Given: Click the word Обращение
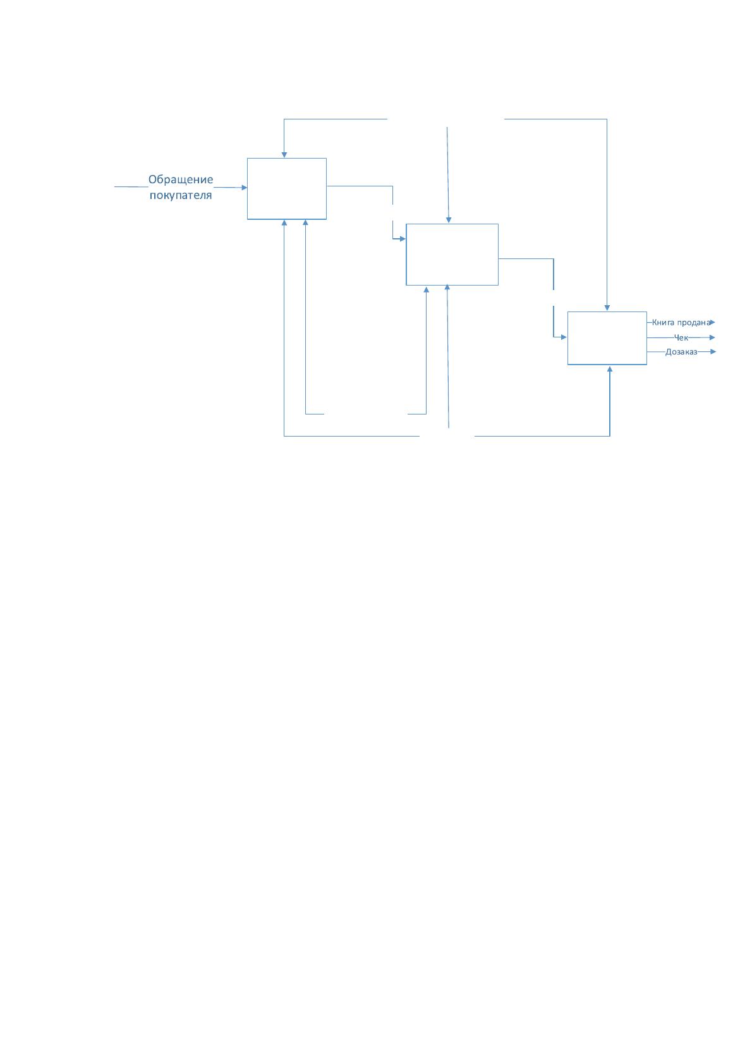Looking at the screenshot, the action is point(181,179).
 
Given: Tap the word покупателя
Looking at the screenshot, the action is point(181,195).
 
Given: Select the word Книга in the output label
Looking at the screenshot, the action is point(663,322).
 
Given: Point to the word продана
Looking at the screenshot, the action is point(694,322).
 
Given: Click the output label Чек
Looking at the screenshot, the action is point(681,338).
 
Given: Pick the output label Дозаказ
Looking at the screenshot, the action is point(681,352).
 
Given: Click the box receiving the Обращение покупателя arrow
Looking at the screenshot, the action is point(286,188).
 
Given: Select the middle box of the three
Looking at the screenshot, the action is point(452,255).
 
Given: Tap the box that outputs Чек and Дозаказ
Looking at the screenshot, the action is point(607,338).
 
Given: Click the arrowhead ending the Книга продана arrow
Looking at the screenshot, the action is point(712,322).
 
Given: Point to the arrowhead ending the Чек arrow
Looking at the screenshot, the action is point(712,338).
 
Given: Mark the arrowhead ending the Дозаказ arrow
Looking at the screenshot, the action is point(713,352).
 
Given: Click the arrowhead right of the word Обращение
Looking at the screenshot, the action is point(244,188).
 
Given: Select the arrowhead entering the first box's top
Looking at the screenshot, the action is point(284,155).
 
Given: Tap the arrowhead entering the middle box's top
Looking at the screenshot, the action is point(449,221).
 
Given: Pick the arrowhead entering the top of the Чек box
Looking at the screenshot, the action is point(607,308).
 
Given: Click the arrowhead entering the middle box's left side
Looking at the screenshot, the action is point(403,239).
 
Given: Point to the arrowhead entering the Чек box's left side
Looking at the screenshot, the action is point(564,337).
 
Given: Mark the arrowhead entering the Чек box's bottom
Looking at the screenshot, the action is point(609,368).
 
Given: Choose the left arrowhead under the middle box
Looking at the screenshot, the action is point(426,289).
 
